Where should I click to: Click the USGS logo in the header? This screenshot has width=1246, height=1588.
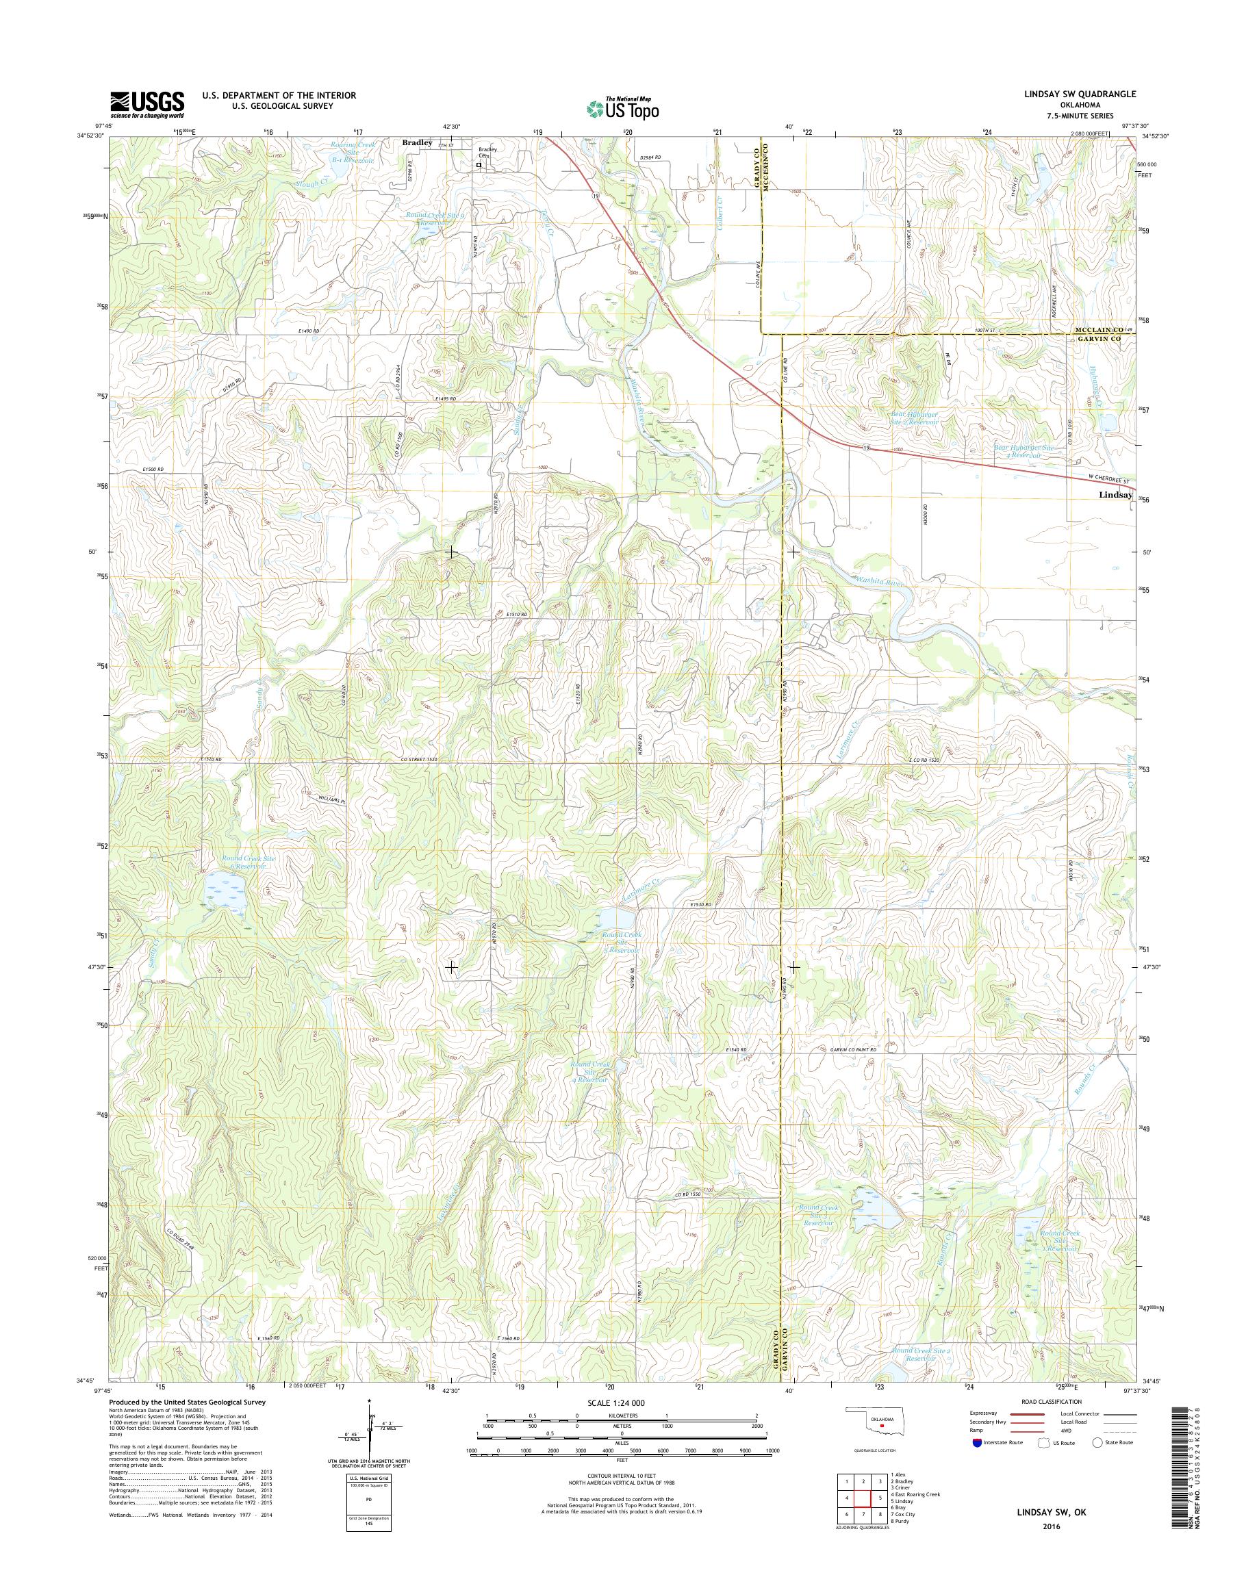coord(147,104)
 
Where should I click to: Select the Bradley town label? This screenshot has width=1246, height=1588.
coord(418,144)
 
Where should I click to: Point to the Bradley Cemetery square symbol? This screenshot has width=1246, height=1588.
coord(479,165)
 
